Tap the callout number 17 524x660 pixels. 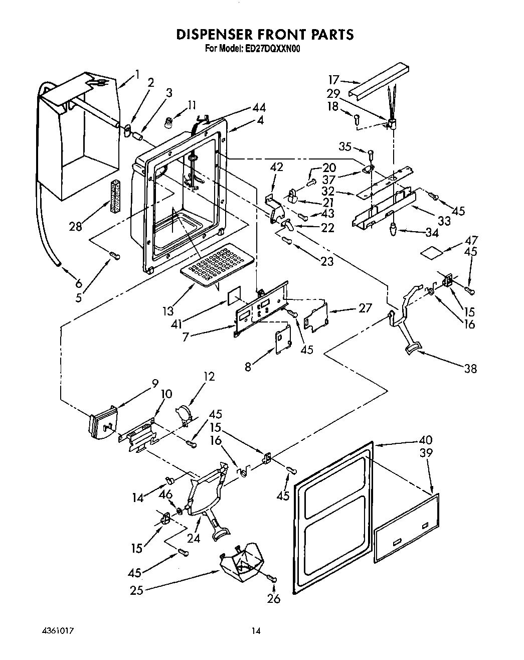334,80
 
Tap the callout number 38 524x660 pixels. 470,369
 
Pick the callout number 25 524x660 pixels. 136,590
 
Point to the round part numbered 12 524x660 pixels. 184,413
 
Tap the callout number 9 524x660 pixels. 154,384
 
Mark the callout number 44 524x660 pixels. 259,107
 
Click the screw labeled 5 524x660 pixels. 115,256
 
